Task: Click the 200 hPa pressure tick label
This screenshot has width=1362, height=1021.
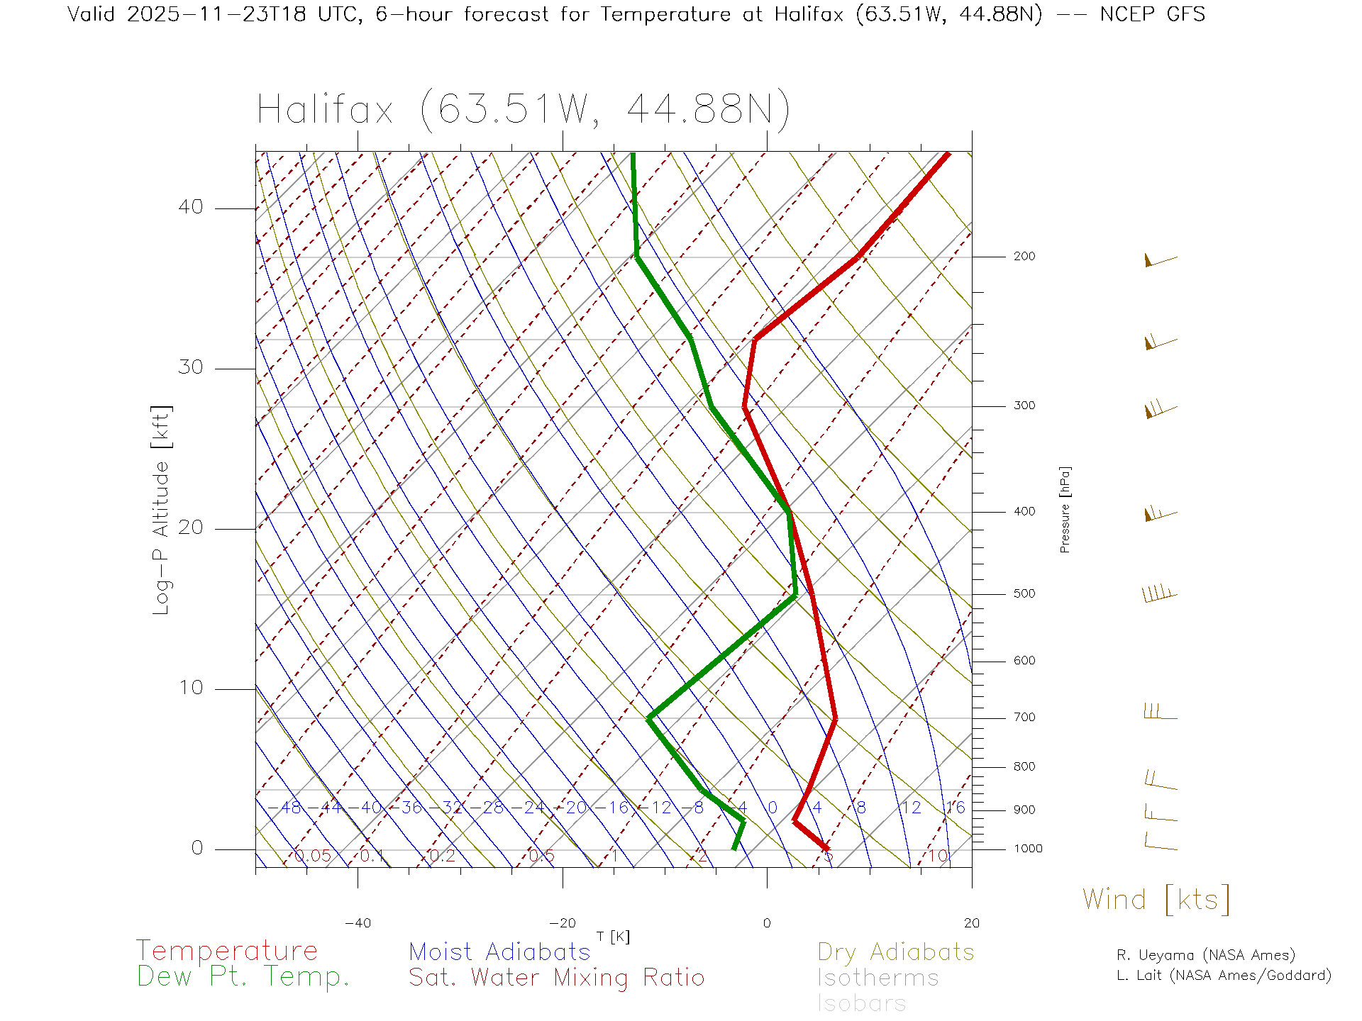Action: (1024, 256)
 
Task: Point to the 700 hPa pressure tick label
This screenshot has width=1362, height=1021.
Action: (1024, 718)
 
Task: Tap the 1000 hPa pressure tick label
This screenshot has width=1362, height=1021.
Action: (1027, 849)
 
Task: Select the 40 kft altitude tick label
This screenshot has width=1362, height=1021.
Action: (190, 207)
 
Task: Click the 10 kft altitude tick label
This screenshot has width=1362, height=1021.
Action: (190, 688)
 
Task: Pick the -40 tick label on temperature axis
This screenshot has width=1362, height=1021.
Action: (358, 923)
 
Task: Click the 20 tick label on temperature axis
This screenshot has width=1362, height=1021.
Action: (971, 923)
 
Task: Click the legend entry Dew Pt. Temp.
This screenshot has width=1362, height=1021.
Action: (243, 977)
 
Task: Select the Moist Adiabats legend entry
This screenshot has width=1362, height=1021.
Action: (499, 952)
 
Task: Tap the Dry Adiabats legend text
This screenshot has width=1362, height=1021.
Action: (895, 952)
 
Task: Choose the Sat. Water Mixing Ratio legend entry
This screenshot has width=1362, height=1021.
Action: (556, 978)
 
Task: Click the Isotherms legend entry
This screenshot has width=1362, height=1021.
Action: (877, 978)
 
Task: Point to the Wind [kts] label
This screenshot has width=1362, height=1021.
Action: (1156, 899)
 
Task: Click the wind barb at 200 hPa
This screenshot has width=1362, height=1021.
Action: (1159, 260)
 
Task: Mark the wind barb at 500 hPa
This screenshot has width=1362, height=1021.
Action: (1159, 594)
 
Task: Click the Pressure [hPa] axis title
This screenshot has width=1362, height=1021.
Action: (1065, 509)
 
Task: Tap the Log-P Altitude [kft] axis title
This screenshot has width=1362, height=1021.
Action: (162, 510)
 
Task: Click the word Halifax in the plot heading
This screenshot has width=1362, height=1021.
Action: (325, 110)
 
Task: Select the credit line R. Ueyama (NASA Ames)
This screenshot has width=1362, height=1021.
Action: (1205, 955)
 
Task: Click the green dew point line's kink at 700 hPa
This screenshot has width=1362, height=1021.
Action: (649, 718)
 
